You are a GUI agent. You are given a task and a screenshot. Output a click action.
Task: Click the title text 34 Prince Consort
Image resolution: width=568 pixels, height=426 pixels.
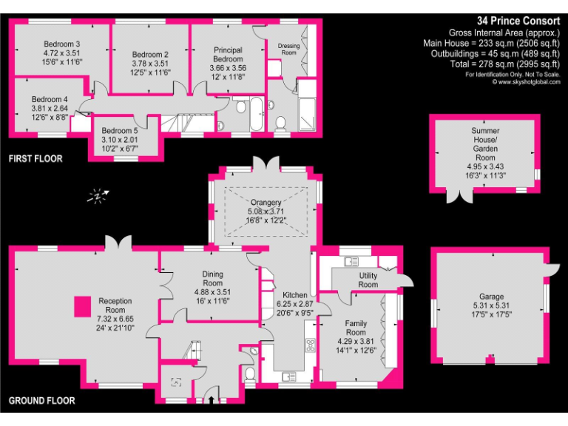click(x=518, y=21)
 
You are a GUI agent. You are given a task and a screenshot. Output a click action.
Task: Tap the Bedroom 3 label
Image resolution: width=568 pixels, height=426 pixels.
click(x=61, y=44)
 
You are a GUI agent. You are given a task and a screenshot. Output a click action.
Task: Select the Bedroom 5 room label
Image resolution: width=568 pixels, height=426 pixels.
click(x=119, y=131)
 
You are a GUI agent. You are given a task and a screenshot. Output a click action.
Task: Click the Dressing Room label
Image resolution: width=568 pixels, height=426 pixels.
click(x=289, y=50)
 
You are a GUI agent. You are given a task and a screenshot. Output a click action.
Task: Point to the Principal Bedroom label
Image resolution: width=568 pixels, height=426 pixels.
click(x=227, y=54)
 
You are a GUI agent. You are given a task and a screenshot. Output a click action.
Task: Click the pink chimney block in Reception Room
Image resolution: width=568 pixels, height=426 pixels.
click(x=84, y=306)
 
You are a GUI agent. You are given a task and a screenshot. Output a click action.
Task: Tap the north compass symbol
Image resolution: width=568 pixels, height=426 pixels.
click(x=98, y=196)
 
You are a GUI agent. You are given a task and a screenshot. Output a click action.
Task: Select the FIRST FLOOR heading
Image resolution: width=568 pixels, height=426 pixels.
click(x=35, y=159)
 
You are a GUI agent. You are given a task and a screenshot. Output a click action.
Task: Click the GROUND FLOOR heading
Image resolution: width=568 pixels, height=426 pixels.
click(x=42, y=401)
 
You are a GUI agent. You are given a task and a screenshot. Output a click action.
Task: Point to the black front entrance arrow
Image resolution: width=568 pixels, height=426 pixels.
click(x=214, y=400)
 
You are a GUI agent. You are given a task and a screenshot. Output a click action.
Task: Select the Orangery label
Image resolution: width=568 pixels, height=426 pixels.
click(x=265, y=202)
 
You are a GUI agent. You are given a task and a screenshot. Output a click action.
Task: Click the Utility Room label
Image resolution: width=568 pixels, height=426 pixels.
click(x=368, y=280)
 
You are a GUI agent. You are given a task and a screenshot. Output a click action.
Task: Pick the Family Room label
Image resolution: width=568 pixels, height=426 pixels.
click(x=356, y=328)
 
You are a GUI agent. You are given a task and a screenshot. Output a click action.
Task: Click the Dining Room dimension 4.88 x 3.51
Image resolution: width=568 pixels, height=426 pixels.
click(x=213, y=292)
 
